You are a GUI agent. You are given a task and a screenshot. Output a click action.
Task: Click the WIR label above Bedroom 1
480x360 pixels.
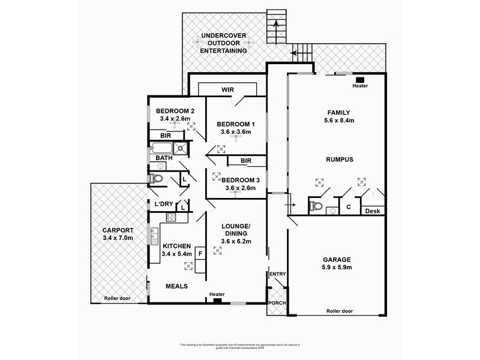(227, 89)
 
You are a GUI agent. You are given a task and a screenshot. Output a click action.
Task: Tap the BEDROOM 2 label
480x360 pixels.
(175, 111)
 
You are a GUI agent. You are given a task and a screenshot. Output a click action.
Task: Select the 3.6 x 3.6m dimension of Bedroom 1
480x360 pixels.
(233, 132)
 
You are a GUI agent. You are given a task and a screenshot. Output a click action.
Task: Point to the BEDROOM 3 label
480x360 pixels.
(241, 180)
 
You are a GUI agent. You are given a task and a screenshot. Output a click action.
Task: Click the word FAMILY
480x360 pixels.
(338, 112)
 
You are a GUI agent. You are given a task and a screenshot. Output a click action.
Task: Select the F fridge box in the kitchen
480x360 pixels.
(200, 254)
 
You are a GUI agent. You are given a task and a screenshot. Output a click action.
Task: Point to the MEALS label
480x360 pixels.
(176, 287)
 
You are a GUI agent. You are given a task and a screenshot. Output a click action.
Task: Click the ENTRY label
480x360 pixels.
(278, 274)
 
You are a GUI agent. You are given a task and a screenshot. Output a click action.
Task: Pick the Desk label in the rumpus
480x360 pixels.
(374, 211)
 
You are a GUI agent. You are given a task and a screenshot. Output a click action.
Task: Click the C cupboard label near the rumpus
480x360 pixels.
(348, 207)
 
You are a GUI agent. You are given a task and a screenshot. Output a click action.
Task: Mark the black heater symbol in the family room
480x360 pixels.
(360, 79)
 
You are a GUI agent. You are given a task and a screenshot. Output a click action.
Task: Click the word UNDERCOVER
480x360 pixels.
(224, 37)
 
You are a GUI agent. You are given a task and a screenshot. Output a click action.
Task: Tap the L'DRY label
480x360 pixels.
(164, 204)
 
